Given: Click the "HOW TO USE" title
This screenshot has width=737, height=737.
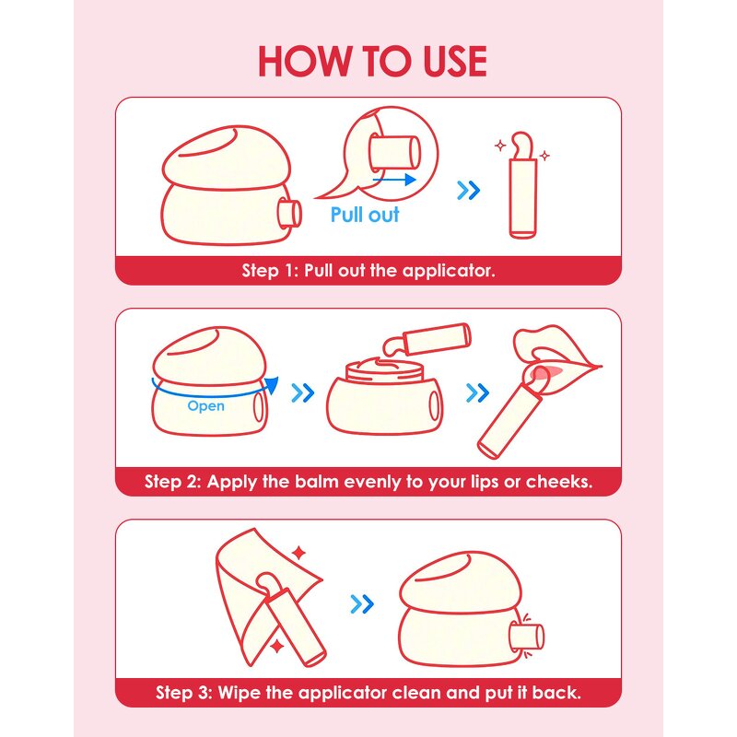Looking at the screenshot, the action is point(372,61).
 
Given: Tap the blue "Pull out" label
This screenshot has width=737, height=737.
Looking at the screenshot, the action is point(365,215).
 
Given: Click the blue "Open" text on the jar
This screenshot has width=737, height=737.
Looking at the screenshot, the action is point(205,405).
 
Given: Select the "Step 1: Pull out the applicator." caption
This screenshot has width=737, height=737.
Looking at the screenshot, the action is point(368,271).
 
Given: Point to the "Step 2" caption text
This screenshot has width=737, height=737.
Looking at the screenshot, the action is point(368,482).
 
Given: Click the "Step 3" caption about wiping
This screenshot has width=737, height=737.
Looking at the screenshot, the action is point(368,693).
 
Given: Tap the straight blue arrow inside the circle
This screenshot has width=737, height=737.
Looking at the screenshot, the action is point(394,179).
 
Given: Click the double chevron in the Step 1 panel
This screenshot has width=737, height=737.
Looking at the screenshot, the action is point(469,191).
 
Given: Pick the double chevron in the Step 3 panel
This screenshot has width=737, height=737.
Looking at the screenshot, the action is point(362,604).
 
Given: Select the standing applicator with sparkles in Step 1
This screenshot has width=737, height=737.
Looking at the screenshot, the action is point(522,186).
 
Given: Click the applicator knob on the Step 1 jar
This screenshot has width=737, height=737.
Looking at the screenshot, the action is point(289,214).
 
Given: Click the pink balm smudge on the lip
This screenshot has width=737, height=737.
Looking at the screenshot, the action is point(545,372).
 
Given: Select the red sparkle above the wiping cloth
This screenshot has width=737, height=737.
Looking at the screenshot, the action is point(298,553).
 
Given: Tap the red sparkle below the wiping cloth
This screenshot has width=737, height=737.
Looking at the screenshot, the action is point(277,647).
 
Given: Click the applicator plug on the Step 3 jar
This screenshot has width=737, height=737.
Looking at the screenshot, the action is point(526,637).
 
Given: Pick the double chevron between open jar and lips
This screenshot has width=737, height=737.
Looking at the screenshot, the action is point(477,393).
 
